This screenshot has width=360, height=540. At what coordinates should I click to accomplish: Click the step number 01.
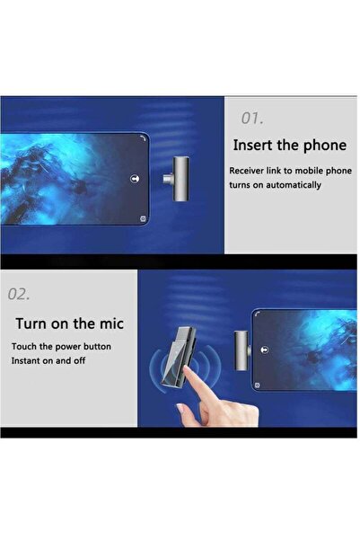(x=252, y=118)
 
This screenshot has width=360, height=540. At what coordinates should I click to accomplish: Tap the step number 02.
(x=19, y=294)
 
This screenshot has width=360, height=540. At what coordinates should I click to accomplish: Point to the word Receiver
(x=246, y=171)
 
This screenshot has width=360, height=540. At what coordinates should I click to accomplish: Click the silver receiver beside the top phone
(x=180, y=179)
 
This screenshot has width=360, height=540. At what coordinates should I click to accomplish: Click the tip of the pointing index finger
(x=186, y=367)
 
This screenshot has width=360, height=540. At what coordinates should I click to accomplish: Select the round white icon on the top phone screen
(x=135, y=179)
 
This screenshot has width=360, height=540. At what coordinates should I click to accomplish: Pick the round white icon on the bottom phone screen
(x=265, y=350)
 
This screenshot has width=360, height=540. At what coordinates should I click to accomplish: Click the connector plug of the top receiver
(x=167, y=179)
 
